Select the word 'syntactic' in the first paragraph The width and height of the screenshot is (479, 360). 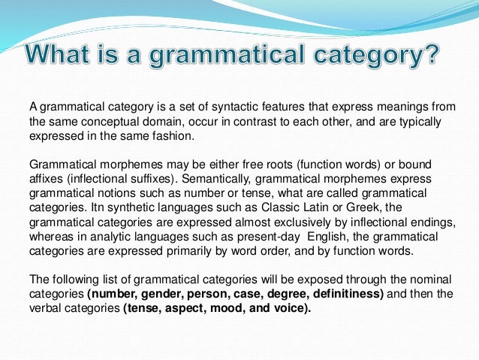pos(196,107)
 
